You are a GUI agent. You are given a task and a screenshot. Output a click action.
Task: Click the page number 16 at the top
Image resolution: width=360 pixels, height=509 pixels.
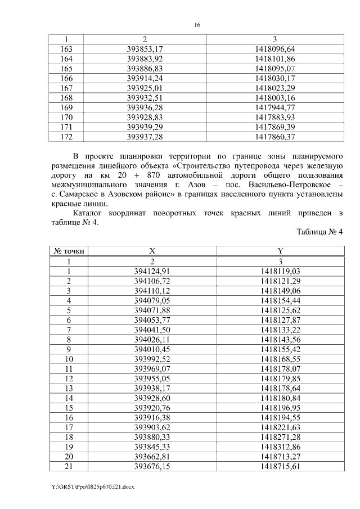point(197,25)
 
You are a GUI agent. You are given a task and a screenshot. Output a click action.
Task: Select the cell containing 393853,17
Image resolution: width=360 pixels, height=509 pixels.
point(145,49)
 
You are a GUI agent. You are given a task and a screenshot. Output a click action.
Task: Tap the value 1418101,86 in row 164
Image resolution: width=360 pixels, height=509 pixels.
point(274,58)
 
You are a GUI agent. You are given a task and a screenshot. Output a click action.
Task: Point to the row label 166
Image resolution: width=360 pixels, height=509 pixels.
point(66,78)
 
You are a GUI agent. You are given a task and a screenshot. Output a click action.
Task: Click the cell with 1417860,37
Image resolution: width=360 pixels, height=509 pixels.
point(274,137)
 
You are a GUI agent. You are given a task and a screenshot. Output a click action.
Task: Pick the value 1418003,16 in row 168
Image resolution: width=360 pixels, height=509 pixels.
point(274,98)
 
